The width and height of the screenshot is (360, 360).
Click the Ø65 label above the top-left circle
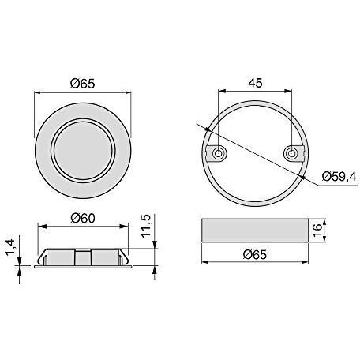[82, 84]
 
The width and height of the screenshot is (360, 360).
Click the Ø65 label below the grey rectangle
[255, 254]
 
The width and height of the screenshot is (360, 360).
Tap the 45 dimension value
[255, 83]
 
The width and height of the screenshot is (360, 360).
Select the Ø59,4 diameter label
[339, 176]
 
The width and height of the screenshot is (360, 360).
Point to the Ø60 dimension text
[83, 218]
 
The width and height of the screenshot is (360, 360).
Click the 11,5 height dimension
[146, 226]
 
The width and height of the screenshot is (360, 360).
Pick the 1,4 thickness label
[11, 248]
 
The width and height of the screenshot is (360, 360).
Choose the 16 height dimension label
[317, 231]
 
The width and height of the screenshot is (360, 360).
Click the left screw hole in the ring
[218, 153]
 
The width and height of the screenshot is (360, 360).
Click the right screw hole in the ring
[291, 153]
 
